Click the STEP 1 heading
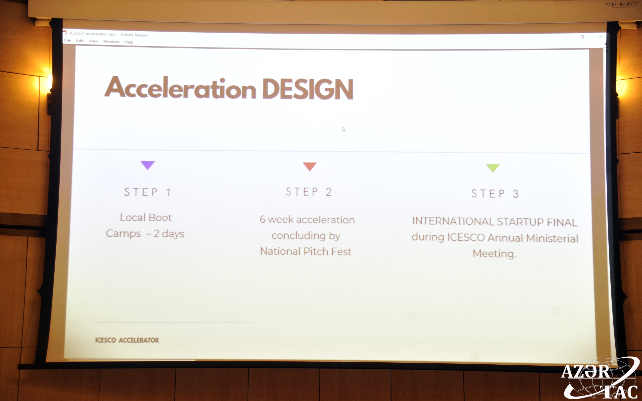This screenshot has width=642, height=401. click(x=148, y=192)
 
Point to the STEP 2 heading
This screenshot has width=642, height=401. click(x=309, y=192)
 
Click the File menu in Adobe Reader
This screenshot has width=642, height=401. click(x=68, y=40)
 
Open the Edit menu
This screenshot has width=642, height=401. click(x=80, y=41)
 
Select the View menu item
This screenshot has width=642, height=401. click(x=93, y=41)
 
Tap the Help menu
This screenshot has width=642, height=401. click(x=129, y=42)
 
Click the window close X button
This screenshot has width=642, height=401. click(x=600, y=37)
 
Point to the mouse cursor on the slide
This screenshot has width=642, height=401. click(x=344, y=129)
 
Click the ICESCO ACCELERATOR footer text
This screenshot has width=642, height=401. click(x=127, y=340)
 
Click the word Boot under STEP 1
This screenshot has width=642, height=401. click(x=160, y=217)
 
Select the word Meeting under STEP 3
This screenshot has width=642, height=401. click(x=494, y=254)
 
